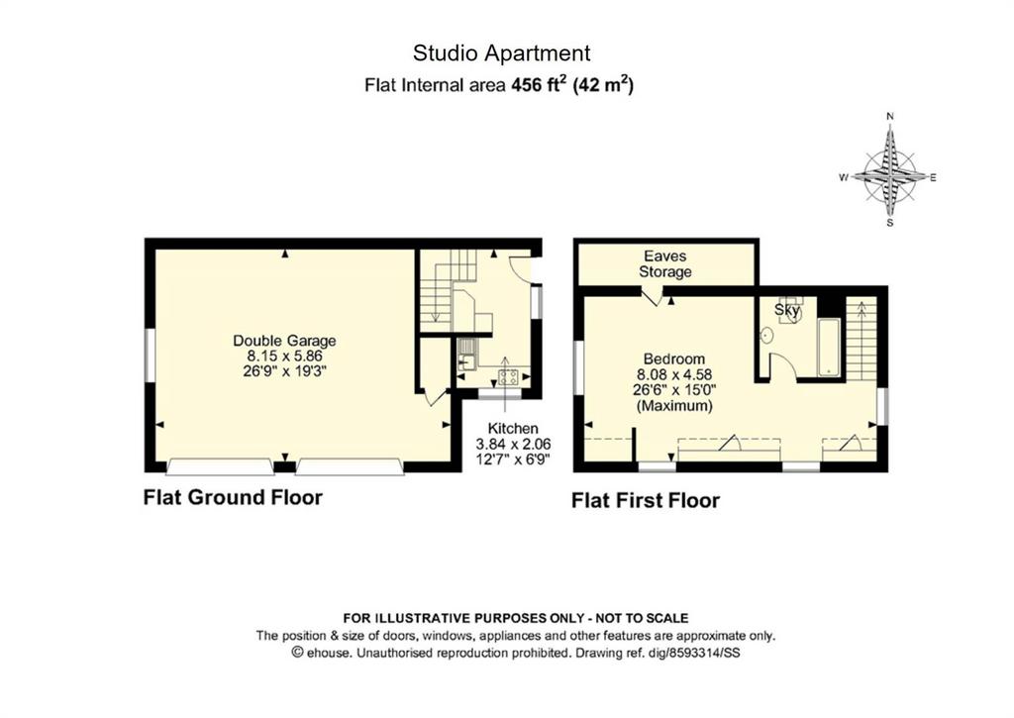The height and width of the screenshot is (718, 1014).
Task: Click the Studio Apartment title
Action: [501, 53]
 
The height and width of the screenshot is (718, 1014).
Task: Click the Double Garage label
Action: [284, 341]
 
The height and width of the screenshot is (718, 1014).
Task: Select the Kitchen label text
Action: [513, 428]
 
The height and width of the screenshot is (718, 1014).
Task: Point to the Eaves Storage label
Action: [665, 263]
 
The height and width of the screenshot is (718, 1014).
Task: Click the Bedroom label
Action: [673, 359]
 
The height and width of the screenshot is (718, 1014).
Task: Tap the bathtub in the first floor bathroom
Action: [829, 348]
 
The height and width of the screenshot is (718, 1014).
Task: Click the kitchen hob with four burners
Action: [508, 376]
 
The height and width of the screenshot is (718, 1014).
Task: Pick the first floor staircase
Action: [861, 340]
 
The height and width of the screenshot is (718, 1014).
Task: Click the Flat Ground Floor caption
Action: [233, 497]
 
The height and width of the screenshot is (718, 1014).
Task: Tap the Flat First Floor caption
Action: [646, 501]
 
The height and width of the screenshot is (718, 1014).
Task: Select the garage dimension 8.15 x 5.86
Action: [284, 356]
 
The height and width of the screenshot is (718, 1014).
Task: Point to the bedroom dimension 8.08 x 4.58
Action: [674, 374]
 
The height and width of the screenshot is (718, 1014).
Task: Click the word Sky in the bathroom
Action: [787, 310]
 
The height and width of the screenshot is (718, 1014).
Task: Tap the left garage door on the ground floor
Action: [221, 466]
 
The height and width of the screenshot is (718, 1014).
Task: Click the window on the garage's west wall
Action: [150, 356]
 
